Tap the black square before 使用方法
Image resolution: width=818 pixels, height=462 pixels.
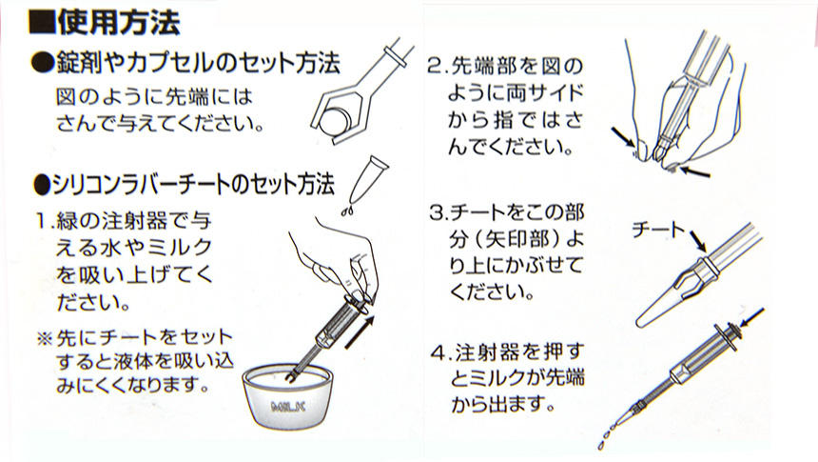pos(42,20)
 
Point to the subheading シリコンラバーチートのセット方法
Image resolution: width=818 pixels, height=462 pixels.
pos(190,180)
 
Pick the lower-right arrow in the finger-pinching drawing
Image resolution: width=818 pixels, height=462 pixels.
pos(694,172)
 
